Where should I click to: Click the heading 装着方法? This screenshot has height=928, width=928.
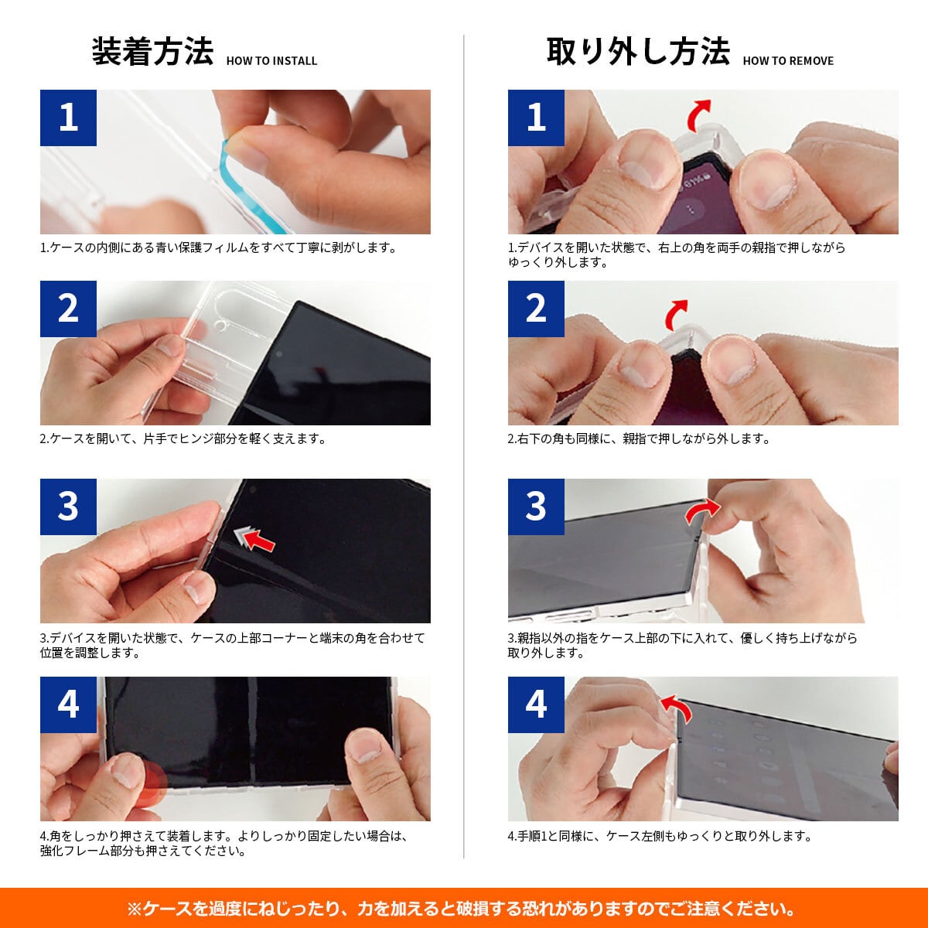pos(152,51)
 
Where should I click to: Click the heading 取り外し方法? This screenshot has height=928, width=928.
pos(638,51)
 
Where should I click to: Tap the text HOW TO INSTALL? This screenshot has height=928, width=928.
pos(271,60)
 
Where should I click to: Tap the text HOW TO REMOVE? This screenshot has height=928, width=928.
pos(788,60)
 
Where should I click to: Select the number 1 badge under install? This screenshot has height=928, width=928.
pos(68,118)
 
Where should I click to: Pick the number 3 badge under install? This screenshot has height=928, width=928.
pos(68,507)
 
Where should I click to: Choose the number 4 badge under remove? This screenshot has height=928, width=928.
pos(536,705)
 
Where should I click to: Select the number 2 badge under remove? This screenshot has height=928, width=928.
pos(536,309)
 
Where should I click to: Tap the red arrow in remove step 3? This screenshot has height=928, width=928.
pos(701,510)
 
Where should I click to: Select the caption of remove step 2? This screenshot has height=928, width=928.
pos(639,438)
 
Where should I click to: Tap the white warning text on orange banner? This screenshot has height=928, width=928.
pos(462,908)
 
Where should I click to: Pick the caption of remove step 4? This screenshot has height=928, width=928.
pos(660,836)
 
